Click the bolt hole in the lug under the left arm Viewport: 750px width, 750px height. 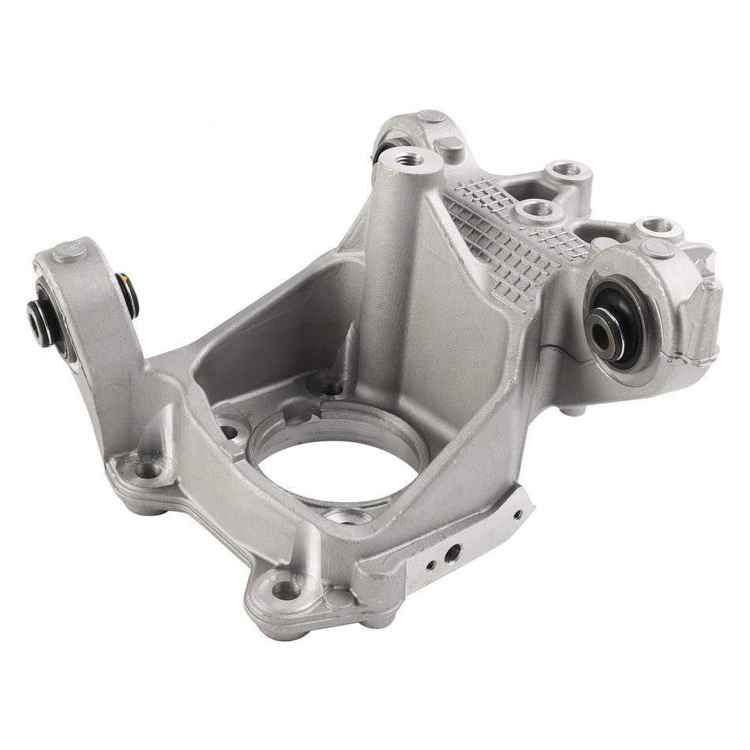(x=147, y=471)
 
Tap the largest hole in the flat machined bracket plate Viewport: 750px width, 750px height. (x=451, y=553)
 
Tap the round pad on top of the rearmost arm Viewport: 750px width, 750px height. (x=431, y=118)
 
